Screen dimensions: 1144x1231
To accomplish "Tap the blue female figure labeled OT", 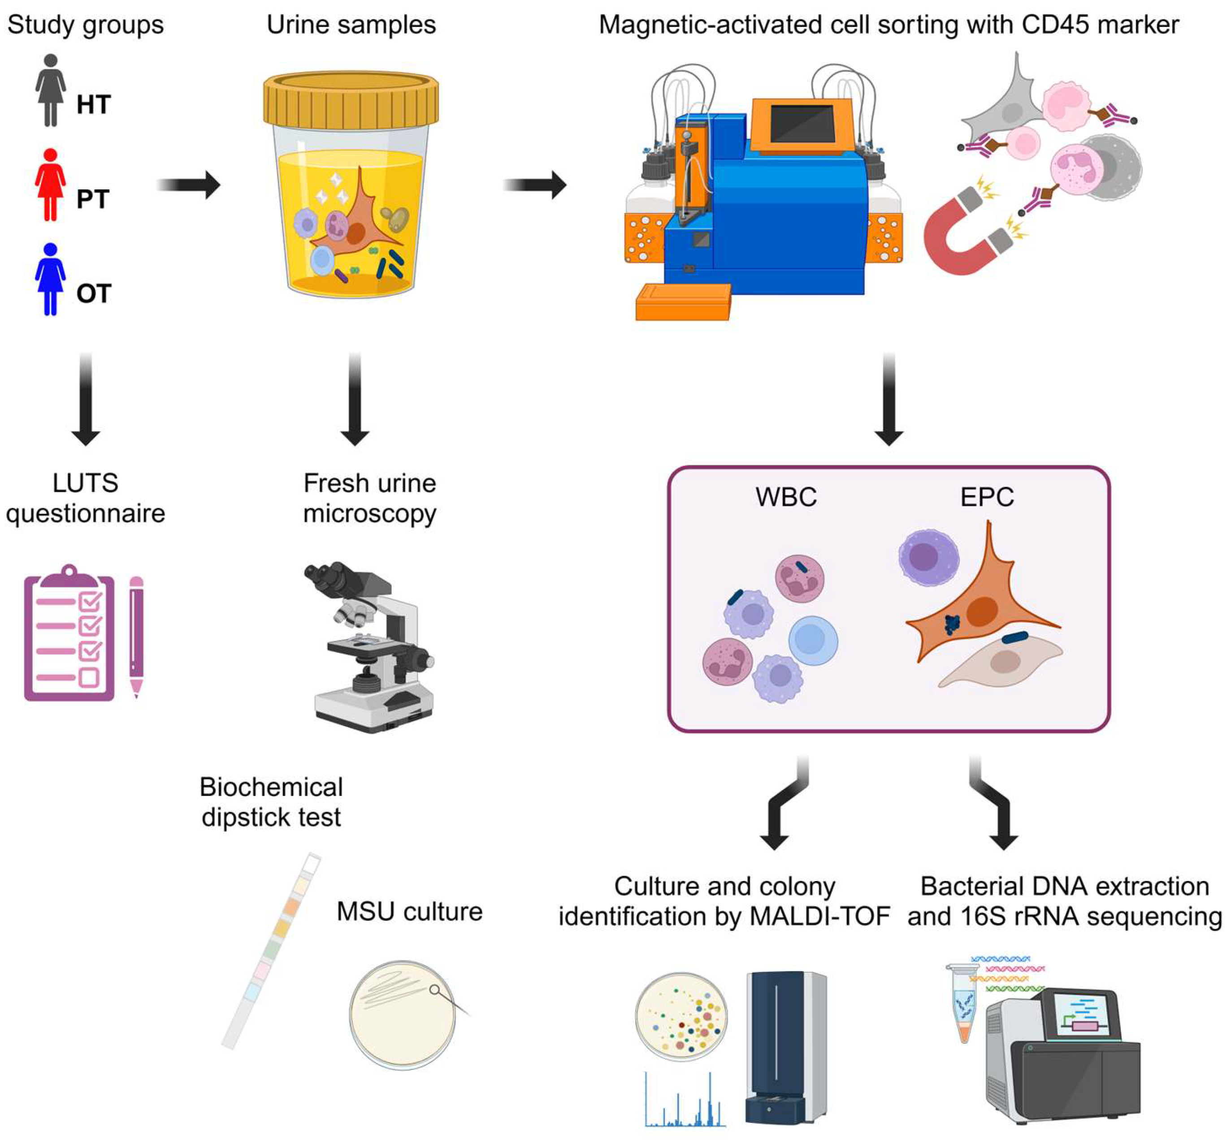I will (50, 279).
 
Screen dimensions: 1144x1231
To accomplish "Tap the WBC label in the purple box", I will (786, 497).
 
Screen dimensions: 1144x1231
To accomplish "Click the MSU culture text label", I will (409, 912).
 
